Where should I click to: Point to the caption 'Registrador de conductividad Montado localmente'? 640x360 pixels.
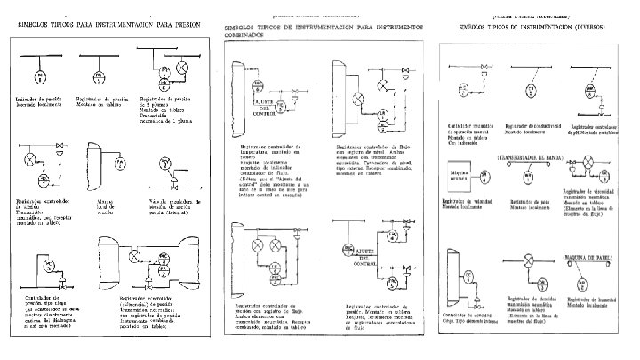[x=531, y=138]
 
